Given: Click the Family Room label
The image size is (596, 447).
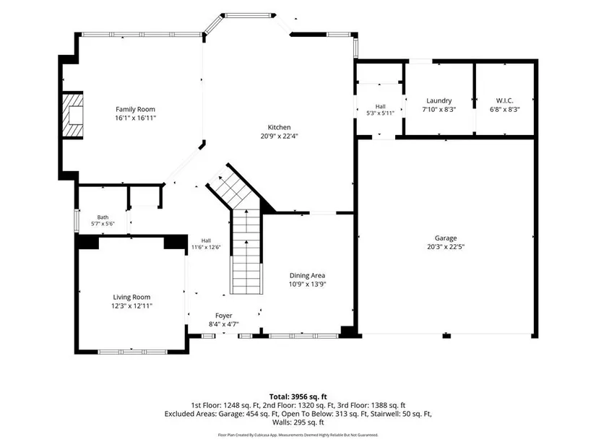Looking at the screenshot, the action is pos(135,110).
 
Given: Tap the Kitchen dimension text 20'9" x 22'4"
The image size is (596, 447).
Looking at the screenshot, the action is pos(279,136).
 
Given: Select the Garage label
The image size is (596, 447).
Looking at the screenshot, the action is pos(446,238).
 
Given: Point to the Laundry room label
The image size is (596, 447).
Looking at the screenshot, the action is pos(439,100).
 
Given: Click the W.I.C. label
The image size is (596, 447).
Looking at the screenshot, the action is pos(504,100).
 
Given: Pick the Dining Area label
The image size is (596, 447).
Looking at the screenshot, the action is pos(307,276).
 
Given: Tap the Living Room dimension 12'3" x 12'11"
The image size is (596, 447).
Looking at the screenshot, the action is pos(131,305).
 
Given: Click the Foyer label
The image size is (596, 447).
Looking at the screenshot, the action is pos(223,316).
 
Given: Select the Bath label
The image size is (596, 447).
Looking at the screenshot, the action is pos(103,217).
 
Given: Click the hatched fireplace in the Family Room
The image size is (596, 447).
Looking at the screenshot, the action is pos(72,115).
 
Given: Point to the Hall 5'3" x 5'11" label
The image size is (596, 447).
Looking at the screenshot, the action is pos(380,110).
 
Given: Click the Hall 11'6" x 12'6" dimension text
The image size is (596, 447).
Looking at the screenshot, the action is pos(206,247).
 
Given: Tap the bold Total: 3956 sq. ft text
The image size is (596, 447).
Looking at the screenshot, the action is pos(298,397).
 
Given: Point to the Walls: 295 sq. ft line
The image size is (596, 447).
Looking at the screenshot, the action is pos(298,422).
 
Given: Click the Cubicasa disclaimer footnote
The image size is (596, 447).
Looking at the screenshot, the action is pos(298,435).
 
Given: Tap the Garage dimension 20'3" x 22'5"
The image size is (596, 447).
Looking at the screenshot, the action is pos(446,247).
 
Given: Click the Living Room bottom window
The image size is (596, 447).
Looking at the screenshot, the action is pos(132,352).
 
